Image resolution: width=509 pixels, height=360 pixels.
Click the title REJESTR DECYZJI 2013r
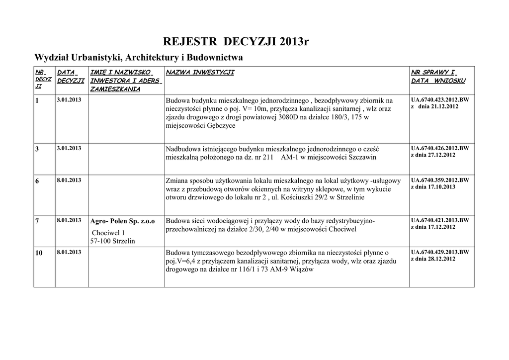pos(236,41)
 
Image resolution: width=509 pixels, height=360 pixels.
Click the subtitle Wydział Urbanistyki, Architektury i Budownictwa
pos(138,58)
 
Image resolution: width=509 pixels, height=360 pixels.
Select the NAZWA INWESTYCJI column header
pos(200,73)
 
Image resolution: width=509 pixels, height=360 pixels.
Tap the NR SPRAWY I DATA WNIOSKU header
pos(438,77)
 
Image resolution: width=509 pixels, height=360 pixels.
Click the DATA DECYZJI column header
pos(71,77)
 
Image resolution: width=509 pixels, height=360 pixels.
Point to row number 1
pos(37,101)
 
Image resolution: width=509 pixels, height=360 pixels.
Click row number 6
pos(37,181)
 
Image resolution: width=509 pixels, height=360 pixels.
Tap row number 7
pos(37,221)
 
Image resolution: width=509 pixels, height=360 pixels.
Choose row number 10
pos(39,253)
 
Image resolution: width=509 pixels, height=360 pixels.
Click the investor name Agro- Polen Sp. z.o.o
pos(122,221)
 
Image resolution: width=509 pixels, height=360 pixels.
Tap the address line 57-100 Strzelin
pos(112,241)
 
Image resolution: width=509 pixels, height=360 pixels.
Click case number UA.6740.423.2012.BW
pos(440,100)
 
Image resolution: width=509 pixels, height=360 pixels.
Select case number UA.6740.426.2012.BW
pos(440,148)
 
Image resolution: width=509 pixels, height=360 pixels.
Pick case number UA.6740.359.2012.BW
pos(440,180)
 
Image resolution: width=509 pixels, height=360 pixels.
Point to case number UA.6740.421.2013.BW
pos(440,220)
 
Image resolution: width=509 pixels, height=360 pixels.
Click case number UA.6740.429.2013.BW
pos(440,252)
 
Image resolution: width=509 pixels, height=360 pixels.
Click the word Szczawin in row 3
pos(361,158)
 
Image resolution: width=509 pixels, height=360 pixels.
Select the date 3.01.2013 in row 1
pos(70,100)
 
